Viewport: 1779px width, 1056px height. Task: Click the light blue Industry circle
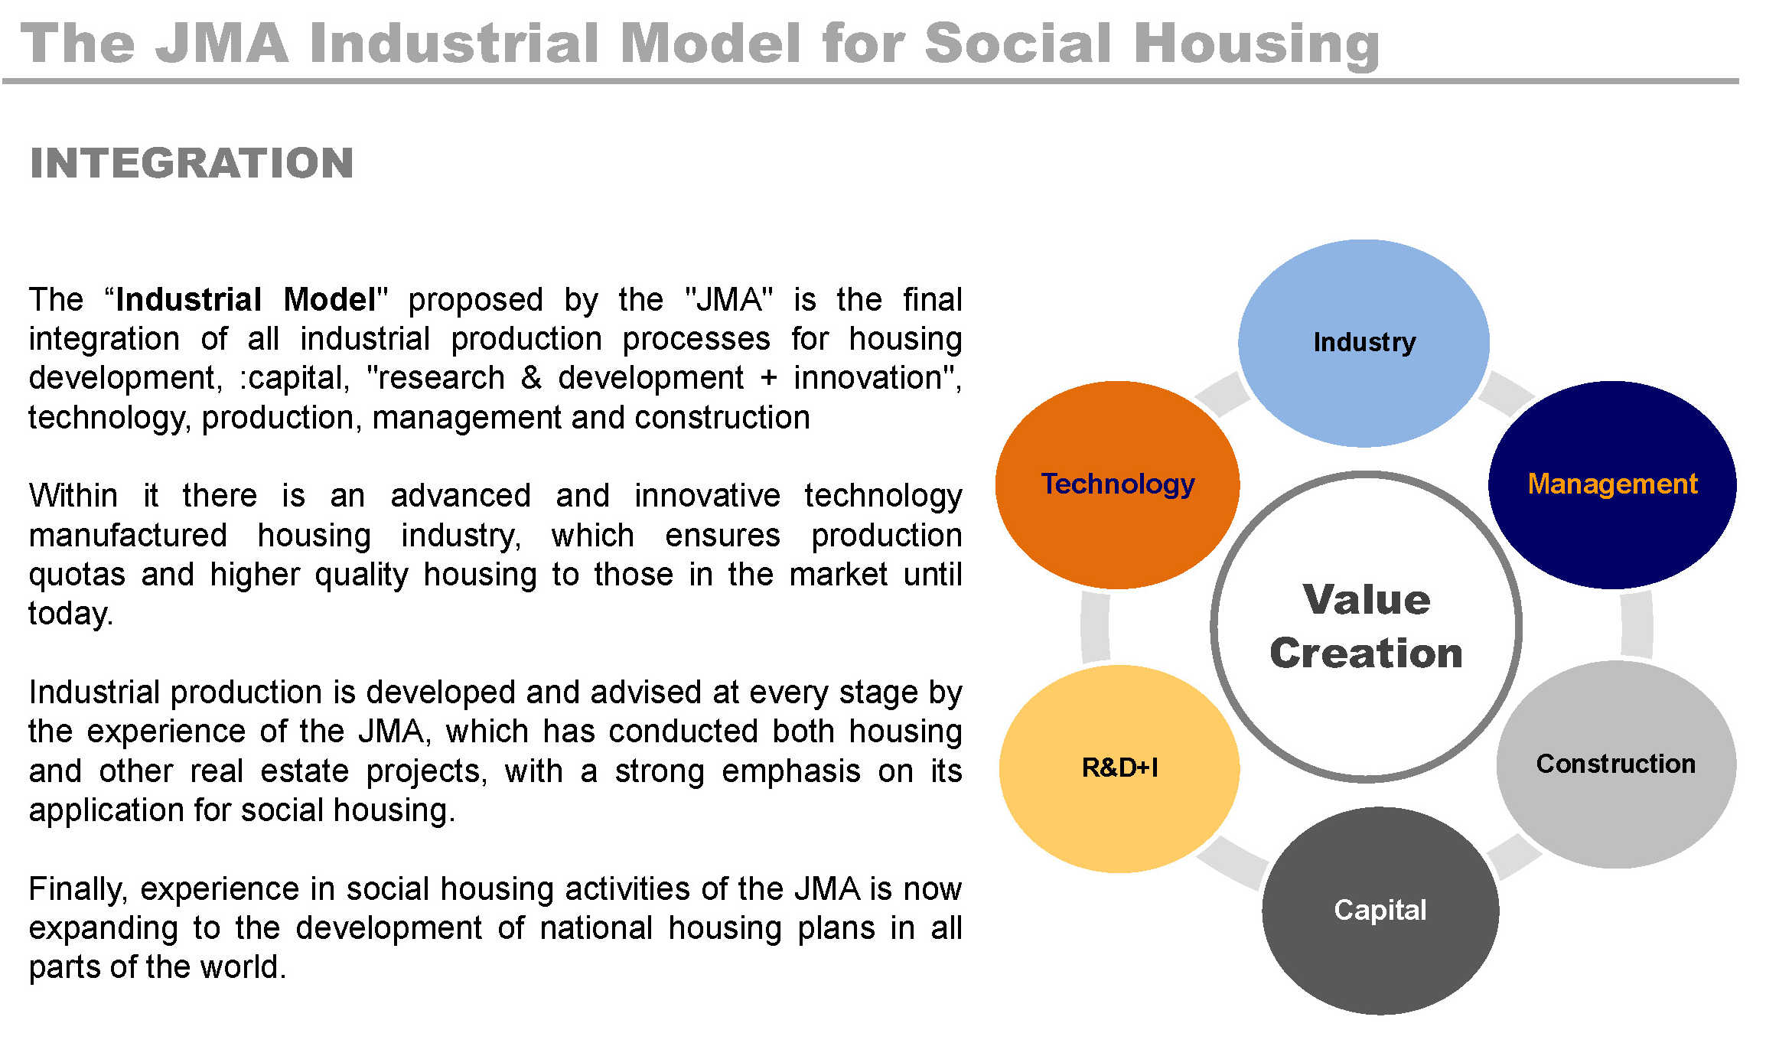pos(1364,343)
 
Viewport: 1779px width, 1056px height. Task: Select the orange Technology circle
pos(1117,484)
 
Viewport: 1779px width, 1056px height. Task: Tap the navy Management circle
pos(1612,484)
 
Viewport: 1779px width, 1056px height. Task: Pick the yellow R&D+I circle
pos(1119,768)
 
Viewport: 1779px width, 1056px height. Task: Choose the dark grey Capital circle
pos(1380,911)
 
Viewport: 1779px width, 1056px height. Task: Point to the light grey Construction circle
pos(1616,764)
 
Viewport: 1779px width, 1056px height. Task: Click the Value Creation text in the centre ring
pos(1367,626)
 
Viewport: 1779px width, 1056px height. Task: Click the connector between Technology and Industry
pos(1222,394)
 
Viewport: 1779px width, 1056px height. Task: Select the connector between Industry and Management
pos(1507,394)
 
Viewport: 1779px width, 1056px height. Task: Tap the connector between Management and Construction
pos(1637,624)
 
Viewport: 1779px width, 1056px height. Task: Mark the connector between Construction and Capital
pos(1513,856)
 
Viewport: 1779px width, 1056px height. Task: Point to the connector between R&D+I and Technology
pos(1095,627)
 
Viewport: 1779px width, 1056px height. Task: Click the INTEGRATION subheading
pos(191,163)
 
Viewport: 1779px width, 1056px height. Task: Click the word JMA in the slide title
pos(222,43)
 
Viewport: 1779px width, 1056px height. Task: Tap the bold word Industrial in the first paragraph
pos(189,299)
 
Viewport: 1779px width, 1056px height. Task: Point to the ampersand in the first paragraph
pos(531,378)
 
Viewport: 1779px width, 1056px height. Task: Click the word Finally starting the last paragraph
pos(78,890)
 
